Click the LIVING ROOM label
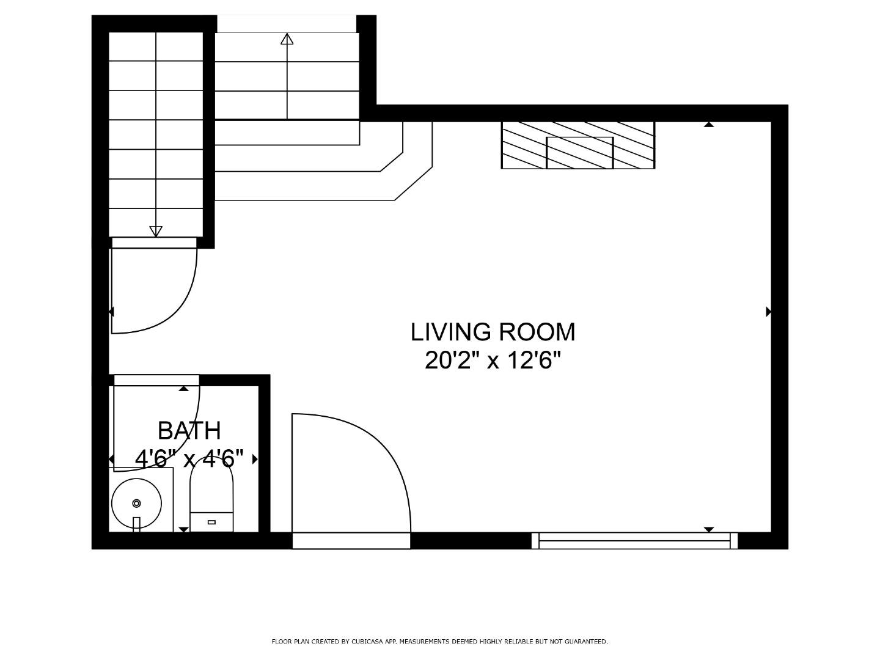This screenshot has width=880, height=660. coord(493,332)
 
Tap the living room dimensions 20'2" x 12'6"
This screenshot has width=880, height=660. coord(493,361)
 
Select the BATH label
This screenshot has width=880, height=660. coord(189,431)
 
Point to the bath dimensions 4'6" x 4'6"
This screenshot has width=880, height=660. coord(189,458)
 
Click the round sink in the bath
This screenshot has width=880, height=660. coord(136,504)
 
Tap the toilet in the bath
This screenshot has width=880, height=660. coord(211,494)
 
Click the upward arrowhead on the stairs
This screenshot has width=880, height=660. coord(287,39)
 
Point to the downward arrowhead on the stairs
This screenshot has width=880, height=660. coord(156,231)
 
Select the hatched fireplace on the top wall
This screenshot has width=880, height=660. coord(577,145)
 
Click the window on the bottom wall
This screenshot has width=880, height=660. coord(635,541)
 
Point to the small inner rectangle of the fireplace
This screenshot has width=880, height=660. coord(580,153)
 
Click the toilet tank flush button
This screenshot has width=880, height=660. coord(211,522)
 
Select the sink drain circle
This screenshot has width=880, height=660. coord(136,504)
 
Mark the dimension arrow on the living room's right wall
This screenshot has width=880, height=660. coord(769,312)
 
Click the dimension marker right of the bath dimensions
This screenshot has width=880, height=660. coord(255,459)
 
